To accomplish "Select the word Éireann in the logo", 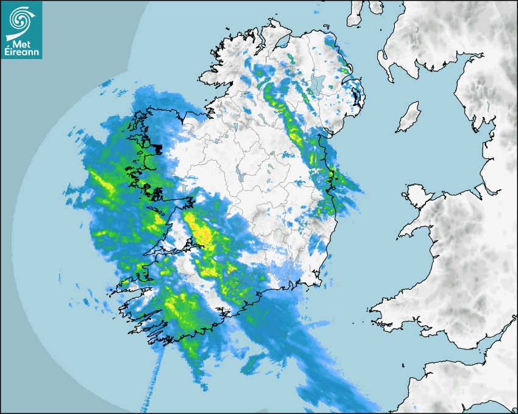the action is click(x=22, y=53).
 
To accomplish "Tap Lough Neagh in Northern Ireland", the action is click(x=318, y=83).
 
